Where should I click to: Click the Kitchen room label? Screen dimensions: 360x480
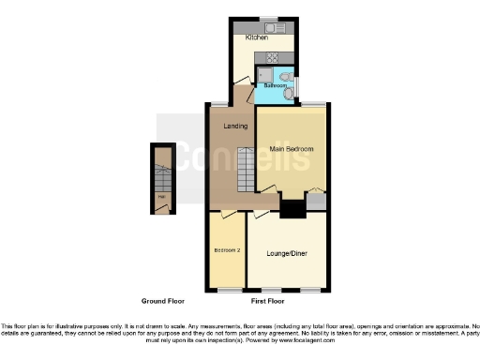coord(257,38)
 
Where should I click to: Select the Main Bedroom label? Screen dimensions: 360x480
coord(291,149)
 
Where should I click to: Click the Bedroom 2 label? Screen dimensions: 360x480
coord(227,250)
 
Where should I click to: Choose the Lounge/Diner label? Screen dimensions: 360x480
coord(285,252)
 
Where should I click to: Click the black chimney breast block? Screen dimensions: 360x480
coord(293,209)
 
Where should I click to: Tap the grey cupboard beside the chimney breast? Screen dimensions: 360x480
coord(316,200)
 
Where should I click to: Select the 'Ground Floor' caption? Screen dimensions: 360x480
coord(162,302)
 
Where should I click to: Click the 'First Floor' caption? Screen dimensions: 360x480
coord(270,302)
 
